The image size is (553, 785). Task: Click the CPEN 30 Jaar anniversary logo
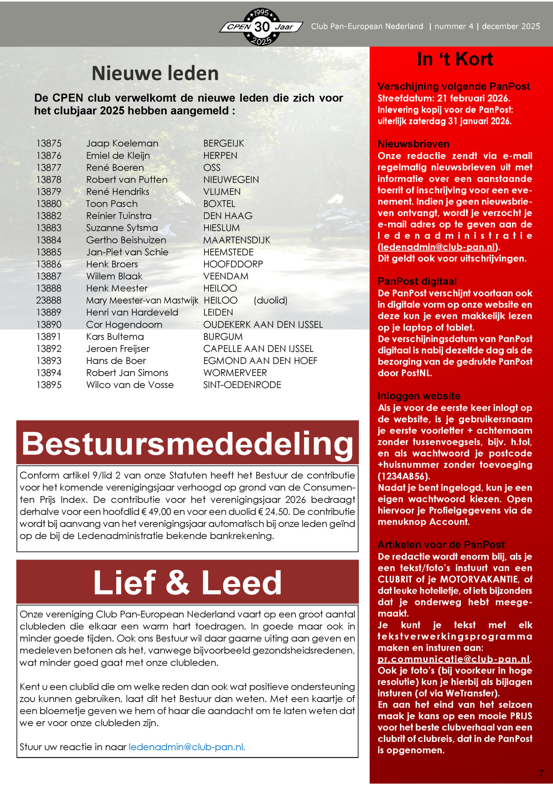pos(262,27)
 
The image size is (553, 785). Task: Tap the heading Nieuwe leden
pos(155,73)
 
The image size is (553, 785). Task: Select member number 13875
pos(49,143)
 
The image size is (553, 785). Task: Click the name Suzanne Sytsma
pos(122,228)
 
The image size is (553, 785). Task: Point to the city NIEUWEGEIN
pos(231,180)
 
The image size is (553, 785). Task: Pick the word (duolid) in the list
pos(270,300)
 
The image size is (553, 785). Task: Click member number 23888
pos(49,300)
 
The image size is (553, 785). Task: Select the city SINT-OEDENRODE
pos(242,385)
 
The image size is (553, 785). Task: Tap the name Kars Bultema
pos(115,337)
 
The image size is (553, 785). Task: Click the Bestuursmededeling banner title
pos(187,444)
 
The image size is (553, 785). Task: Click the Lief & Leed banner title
pos(187,583)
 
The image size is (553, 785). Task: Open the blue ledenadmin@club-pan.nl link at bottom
pos(187,747)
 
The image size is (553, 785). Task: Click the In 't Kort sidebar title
pos(455,59)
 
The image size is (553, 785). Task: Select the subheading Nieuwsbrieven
pos(414,144)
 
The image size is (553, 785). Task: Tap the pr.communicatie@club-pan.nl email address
pos(453,659)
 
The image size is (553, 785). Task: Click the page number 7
pos(541,773)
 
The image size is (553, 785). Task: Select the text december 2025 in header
pos(511,26)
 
